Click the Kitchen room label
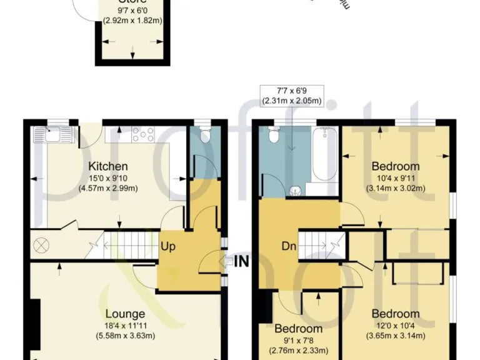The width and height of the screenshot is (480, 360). click(108, 166)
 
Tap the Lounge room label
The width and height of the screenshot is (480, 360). click(125, 314)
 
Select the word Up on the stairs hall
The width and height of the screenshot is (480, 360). click(167, 246)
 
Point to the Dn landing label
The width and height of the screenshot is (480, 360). click(289, 246)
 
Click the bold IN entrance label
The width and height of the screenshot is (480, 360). click(242, 261)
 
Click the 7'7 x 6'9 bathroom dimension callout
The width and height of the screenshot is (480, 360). click(292, 96)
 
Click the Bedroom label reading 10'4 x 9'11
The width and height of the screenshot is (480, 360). click(396, 166)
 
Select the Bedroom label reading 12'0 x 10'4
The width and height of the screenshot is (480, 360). click(396, 314)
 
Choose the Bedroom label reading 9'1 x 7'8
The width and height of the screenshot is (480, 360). click(299, 329)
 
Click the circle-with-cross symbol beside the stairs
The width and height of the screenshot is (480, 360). click(43, 244)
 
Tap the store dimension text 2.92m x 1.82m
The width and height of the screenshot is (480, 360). click(132, 20)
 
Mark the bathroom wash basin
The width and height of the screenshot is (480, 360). click(297, 189)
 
